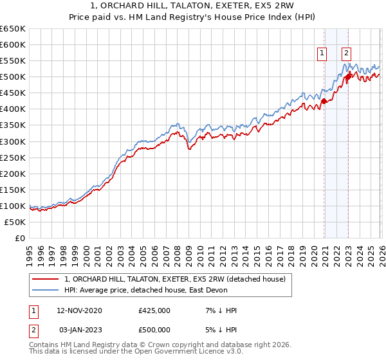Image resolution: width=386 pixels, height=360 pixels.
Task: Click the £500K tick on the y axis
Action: coord(13,77)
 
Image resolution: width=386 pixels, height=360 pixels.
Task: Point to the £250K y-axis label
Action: coord(13,157)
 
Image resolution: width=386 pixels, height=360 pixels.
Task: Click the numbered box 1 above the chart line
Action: coord(322,54)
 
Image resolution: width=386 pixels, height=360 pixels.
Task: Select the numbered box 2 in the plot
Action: coord(346,54)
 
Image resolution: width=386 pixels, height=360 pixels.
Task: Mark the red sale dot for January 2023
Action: coord(348,77)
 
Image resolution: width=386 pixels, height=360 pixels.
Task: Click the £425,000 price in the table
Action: coord(154,310)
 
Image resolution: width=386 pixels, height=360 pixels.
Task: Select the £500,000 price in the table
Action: coord(154,330)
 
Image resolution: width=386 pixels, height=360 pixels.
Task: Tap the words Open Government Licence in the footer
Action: coord(183,352)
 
